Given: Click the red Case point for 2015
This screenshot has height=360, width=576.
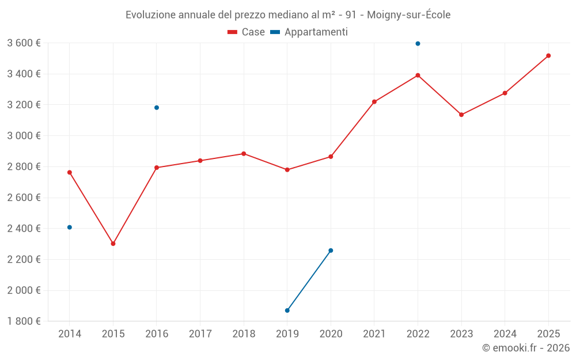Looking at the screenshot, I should [113, 244].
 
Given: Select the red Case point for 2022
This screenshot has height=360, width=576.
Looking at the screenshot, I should [418, 75].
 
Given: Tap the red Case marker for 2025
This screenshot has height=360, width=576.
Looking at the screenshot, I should [548, 56].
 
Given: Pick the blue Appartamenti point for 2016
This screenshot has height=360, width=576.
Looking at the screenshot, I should [157, 108].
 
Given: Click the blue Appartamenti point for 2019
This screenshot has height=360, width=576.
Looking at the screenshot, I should [287, 310].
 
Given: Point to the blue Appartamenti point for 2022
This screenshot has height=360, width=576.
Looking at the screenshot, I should [418, 44].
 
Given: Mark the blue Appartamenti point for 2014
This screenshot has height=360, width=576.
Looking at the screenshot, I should [70, 228].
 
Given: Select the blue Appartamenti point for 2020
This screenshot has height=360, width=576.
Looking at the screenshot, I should [331, 251].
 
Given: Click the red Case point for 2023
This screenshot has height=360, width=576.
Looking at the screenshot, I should [461, 115].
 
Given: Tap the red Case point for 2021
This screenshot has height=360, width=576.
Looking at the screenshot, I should [374, 102].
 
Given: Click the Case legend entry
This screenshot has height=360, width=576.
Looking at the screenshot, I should [247, 32].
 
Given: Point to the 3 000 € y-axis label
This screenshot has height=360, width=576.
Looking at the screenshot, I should [24, 136].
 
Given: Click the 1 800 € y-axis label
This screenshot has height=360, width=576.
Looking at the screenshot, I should [24, 321].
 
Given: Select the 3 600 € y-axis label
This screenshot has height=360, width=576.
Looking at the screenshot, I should [24, 43].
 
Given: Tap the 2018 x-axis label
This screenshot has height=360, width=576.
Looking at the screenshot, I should [244, 334].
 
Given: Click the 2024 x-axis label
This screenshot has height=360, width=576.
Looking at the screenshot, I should [505, 334].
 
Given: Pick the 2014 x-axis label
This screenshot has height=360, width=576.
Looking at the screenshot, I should [70, 334].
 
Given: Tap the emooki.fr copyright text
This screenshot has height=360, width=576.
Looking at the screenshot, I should [526, 348].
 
